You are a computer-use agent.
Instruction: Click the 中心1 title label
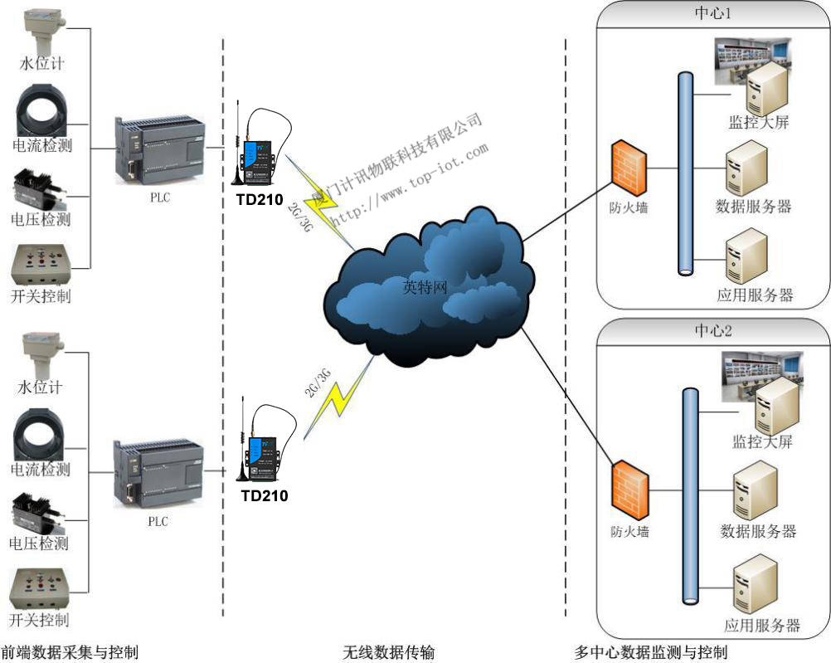pos(712,14)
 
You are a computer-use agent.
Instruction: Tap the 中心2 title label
pos(712,330)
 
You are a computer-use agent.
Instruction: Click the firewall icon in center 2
pos(628,490)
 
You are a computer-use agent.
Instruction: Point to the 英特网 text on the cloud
pos(425,288)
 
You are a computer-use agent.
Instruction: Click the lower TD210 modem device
pos(262,447)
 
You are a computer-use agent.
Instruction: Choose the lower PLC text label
pos(158,522)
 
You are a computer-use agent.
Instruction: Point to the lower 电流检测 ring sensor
pos(41,435)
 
